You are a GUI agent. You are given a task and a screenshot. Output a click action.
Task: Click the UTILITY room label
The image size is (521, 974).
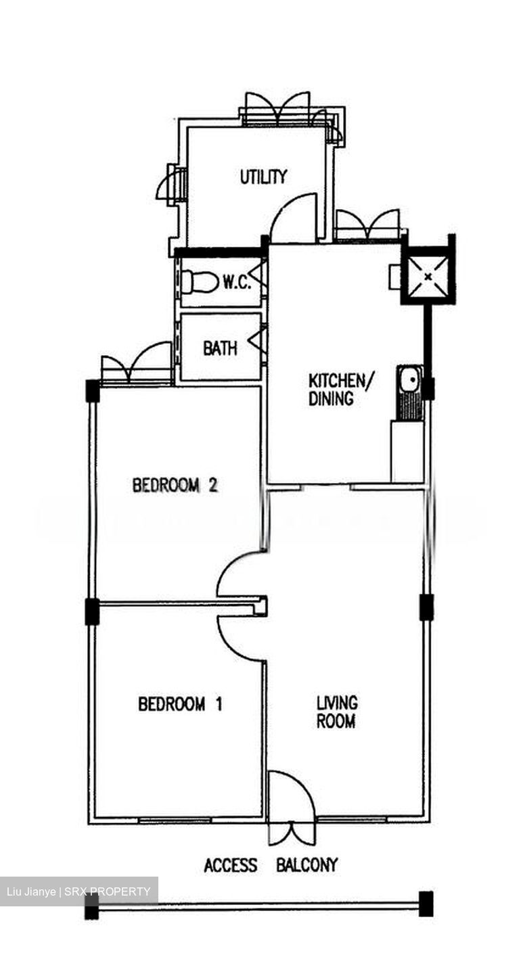(263, 177)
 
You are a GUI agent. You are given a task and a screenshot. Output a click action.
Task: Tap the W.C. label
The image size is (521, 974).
(237, 283)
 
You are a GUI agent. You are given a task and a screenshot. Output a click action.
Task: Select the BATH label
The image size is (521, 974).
(220, 348)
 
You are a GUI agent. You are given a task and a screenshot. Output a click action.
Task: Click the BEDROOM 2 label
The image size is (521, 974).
(175, 485)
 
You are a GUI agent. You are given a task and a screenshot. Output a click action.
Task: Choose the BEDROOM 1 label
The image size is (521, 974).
(180, 703)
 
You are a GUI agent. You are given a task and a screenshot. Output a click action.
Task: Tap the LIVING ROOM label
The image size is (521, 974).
(336, 712)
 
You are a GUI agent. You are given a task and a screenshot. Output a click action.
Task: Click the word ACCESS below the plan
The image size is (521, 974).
(231, 865)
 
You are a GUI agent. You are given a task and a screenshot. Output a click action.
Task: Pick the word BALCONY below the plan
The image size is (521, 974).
(307, 865)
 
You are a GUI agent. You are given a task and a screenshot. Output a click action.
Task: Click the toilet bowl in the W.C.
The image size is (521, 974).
(199, 282)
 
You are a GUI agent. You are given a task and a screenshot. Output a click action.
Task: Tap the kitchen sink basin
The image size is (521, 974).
(409, 380)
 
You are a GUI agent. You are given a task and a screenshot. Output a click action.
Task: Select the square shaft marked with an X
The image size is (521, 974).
(428, 276)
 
